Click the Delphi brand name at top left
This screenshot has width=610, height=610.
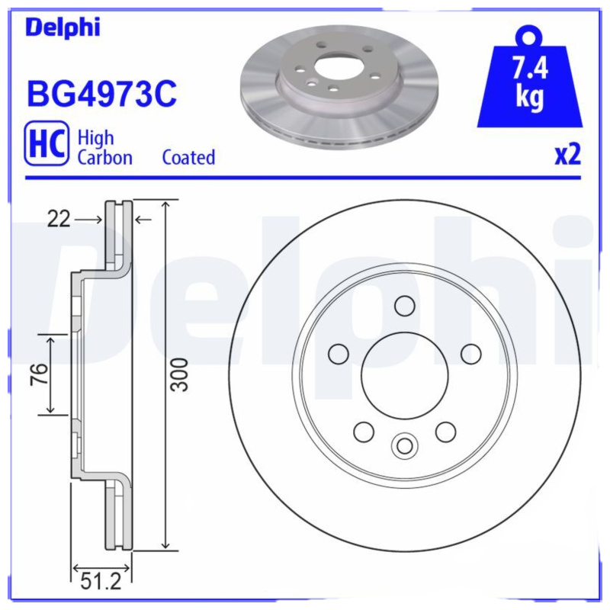[63, 27]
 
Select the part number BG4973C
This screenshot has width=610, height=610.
[101, 95]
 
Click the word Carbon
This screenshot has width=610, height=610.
[104, 158]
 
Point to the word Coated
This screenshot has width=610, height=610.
[188, 158]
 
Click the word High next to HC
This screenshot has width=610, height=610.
[95, 138]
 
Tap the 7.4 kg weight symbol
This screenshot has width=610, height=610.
[529, 81]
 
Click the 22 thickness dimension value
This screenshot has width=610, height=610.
[59, 220]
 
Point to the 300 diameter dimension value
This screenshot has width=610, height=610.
[179, 374]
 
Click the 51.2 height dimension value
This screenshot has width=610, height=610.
[101, 583]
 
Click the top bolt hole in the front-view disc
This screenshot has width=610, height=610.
[404, 306]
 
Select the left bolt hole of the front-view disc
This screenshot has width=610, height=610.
[338, 354]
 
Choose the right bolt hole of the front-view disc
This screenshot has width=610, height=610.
[471, 354]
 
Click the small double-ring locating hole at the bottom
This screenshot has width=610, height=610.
[404, 445]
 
